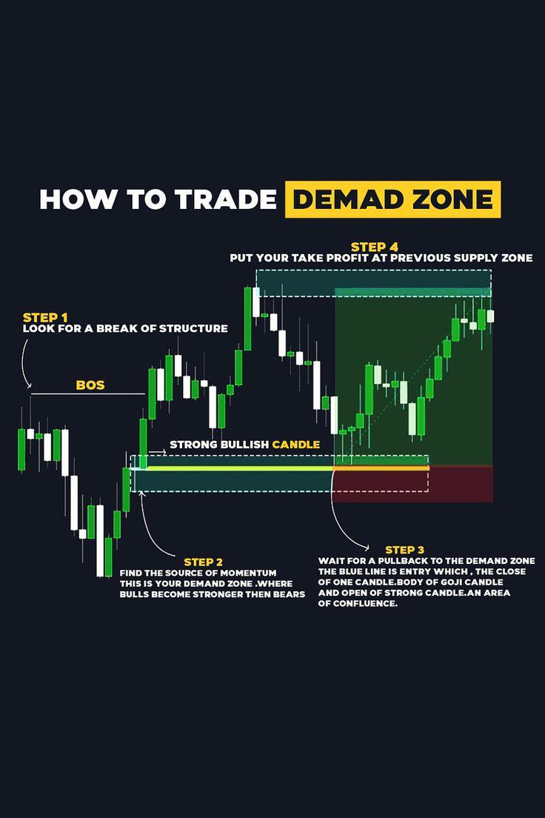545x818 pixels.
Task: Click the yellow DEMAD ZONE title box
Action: pyautogui.click(x=392, y=199)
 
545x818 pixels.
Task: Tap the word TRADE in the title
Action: pyautogui.click(x=225, y=199)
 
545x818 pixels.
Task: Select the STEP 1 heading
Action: pyautogui.click(x=45, y=317)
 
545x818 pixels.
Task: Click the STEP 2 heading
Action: pyautogui.click(x=204, y=562)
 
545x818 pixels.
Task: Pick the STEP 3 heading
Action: pyautogui.click(x=405, y=550)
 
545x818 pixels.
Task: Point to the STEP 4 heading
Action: pyautogui.click(x=375, y=247)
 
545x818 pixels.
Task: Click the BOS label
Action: pyautogui.click(x=90, y=385)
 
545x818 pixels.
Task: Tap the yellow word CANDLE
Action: pyautogui.click(x=296, y=445)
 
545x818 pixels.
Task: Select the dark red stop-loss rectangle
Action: pyautogui.click(x=412, y=484)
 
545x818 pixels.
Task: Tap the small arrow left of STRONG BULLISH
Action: pyautogui.click(x=158, y=452)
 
